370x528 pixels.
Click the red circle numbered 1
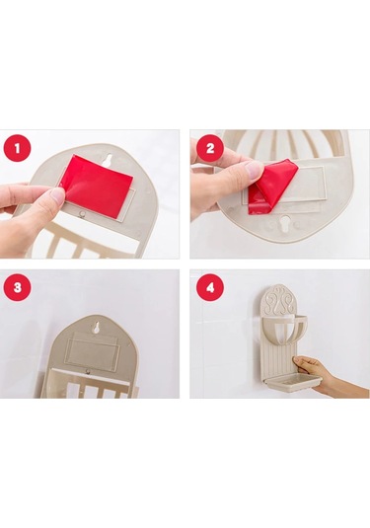17,148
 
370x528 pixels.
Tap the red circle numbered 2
210,148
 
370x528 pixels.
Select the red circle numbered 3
17,287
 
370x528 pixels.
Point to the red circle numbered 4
210,287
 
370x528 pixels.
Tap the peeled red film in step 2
272,187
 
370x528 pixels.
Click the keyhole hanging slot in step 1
109,160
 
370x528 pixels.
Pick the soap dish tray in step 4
293,381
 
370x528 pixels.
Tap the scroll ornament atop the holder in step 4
280,300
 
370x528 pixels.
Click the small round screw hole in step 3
88,372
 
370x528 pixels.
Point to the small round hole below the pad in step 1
81,214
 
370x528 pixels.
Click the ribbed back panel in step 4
280,361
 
